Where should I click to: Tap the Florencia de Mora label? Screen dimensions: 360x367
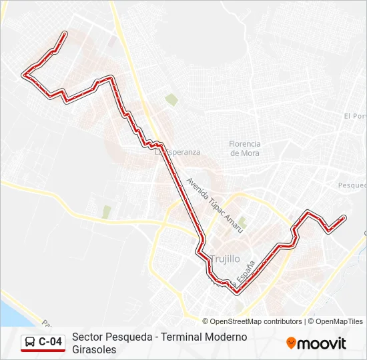[x=244, y=148]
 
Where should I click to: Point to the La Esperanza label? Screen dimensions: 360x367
[x=178, y=152]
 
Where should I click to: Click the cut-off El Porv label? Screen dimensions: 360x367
[x=355, y=116]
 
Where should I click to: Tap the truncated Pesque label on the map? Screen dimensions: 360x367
[x=352, y=185]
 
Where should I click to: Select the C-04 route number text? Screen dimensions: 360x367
[x=51, y=342]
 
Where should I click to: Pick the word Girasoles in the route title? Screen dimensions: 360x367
[x=94, y=349]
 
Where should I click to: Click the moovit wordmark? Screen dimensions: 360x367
[x=322, y=343]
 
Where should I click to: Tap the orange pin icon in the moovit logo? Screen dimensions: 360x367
[x=291, y=343]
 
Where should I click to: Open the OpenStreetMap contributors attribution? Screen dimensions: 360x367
[x=256, y=321]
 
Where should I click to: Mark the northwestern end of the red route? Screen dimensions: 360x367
[x=65, y=33]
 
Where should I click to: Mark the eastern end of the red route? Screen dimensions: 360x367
[x=344, y=217]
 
